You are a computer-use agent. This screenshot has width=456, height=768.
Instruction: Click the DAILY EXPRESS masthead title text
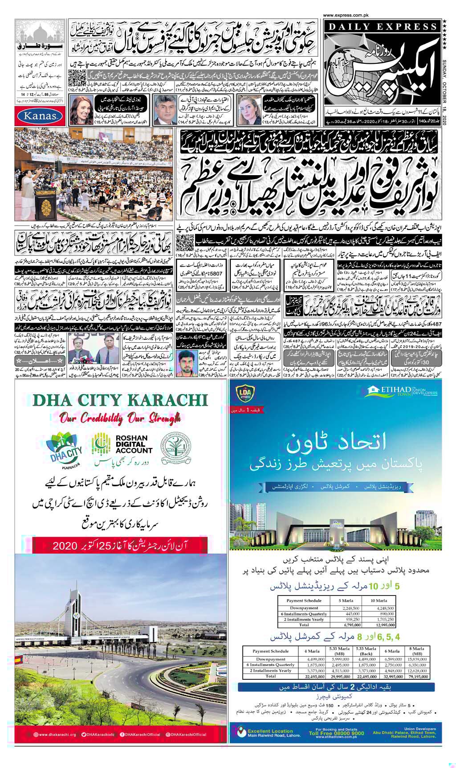[381, 27]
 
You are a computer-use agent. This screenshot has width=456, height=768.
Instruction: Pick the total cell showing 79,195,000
[418, 676]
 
